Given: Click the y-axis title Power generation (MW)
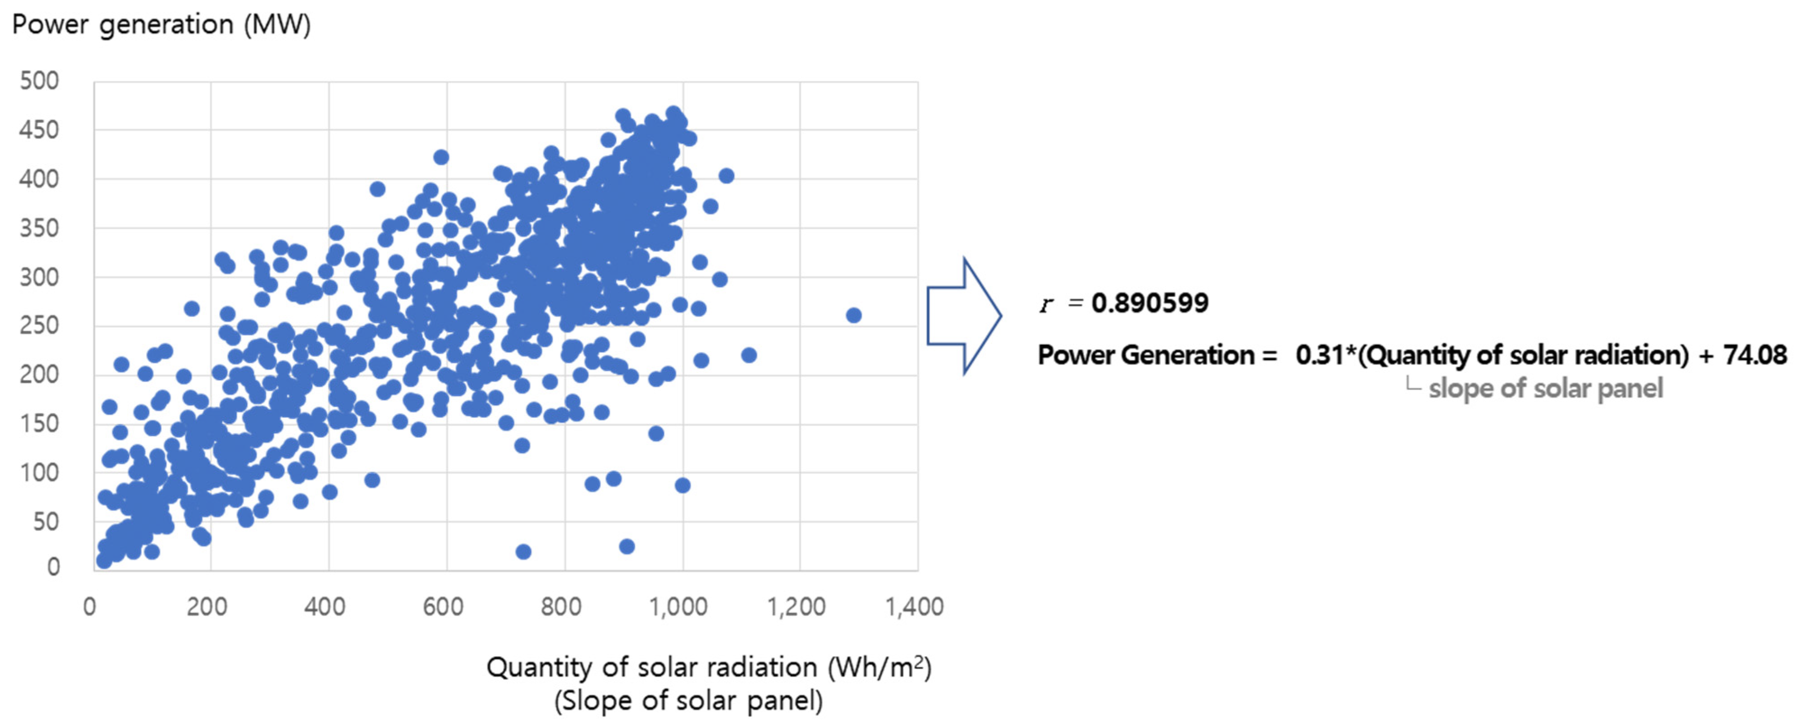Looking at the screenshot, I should click(161, 25).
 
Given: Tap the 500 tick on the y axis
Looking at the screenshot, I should click(39, 81).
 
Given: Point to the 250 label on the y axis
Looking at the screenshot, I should click(39, 325).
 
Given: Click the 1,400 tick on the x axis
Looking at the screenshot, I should click(914, 606).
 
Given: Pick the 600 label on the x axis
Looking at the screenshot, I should click(443, 606).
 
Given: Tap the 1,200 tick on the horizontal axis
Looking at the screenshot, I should click(796, 606).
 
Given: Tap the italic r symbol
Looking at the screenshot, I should click(1046, 305).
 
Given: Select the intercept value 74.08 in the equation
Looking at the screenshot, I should click(1754, 355).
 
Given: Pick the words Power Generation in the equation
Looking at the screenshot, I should click(1146, 355).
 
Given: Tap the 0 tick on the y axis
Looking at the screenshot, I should click(53, 567).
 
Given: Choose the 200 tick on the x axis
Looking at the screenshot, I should click(207, 606).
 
